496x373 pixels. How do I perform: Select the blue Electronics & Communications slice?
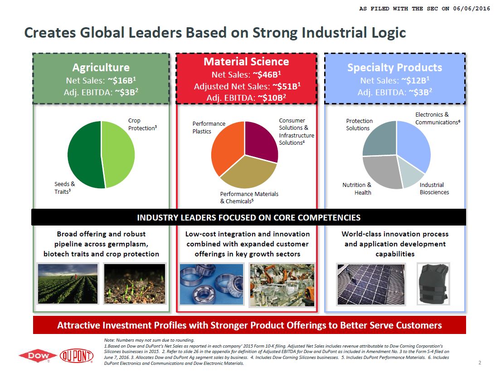(x=413, y=143)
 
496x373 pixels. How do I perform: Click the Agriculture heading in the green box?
(x=101, y=68)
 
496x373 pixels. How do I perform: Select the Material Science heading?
(x=246, y=61)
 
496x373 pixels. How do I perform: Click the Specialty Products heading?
(x=394, y=68)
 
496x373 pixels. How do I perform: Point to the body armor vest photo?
(x=433, y=283)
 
